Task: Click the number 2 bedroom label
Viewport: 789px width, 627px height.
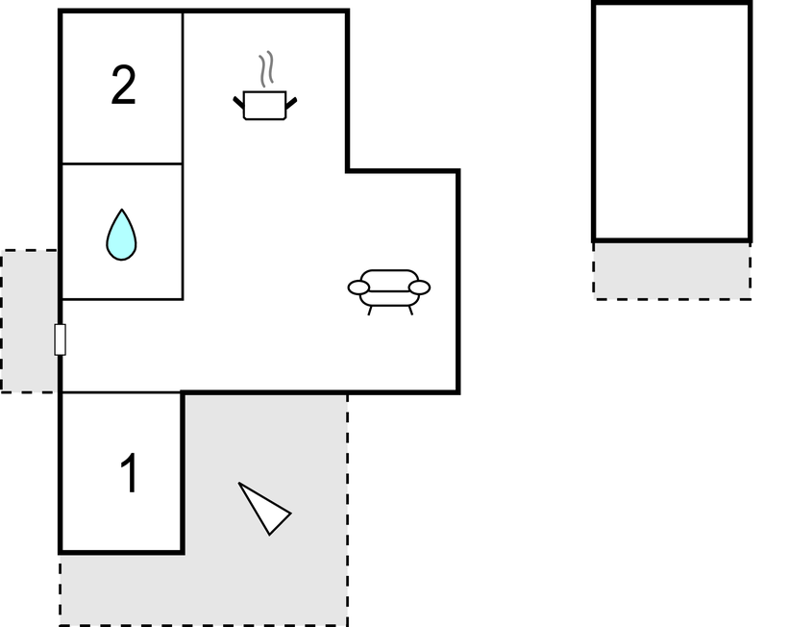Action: coord(123,86)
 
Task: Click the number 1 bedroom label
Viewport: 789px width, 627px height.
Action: coord(130,472)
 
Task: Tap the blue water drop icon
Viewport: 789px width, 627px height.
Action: coord(121,235)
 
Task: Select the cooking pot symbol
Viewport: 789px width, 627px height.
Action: coord(264,105)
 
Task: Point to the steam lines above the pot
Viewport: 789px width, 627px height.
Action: coord(267,68)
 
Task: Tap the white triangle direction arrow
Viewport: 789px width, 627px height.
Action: coord(264,509)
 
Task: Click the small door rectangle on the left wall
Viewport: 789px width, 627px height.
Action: coord(60,339)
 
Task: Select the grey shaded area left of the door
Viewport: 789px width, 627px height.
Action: coord(29,320)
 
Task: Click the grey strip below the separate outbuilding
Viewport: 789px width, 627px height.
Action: coord(673,271)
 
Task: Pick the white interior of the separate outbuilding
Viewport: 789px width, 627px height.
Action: coord(673,121)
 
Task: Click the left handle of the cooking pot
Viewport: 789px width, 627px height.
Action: coord(238,102)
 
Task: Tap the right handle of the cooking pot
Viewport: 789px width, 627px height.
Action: coord(291,103)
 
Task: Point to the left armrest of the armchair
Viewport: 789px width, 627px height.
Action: coord(358,288)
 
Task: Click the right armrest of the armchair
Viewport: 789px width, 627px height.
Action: coord(419,288)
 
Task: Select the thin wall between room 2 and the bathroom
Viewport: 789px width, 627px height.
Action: coord(122,163)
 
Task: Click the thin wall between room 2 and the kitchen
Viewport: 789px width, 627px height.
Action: coord(183,88)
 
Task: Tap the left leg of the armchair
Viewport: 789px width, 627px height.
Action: coord(370,311)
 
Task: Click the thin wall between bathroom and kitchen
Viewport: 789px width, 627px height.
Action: coord(183,232)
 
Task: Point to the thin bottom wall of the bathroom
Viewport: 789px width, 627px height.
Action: coord(122,299)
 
